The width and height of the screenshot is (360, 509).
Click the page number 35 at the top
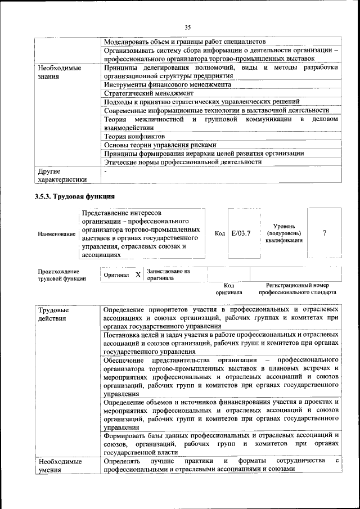click(x=188, y=26)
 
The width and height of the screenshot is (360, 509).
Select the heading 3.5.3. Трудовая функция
click(x=75, y=196)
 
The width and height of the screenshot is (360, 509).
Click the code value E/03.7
click(x=241, y=233)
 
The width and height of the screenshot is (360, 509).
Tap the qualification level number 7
click(x=325, y=233)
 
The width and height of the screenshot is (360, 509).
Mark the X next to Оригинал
click(x=138, y=274)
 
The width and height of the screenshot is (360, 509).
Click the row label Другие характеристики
click(x=61, y=175)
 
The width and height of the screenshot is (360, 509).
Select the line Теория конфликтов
click(x=134, y=136)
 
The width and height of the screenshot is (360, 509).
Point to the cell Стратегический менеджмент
click(x=149, y=93)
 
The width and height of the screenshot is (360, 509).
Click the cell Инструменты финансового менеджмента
click(x=168, y=84)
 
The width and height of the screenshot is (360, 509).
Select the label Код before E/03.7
click(x=220, y=233)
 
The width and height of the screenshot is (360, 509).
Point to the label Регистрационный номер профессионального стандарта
click(x=298, y=289)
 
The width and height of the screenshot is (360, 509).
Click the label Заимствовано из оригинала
click(x=168, y=274)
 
